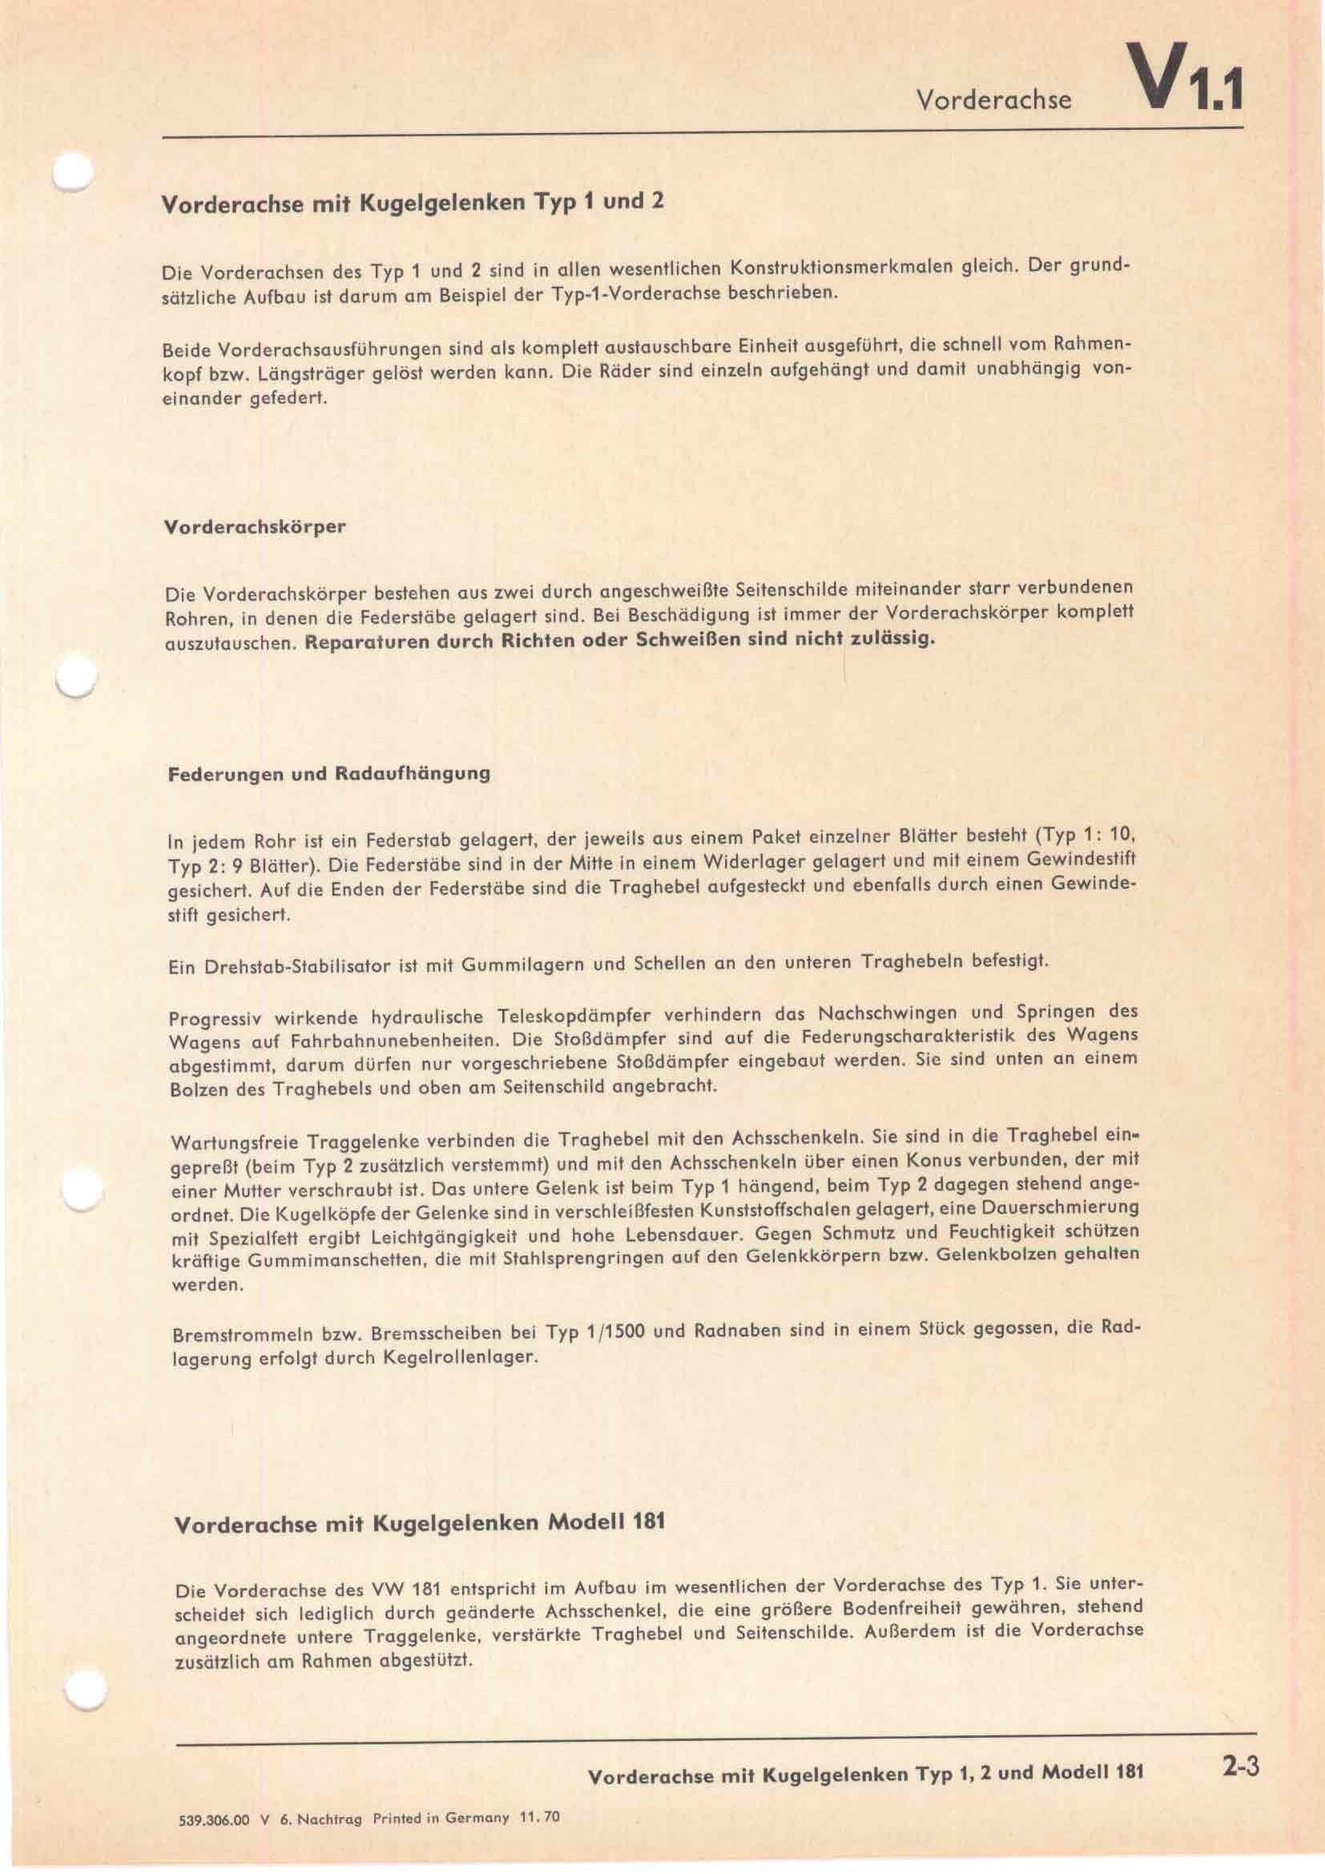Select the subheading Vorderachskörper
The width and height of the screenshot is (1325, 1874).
(256, 526)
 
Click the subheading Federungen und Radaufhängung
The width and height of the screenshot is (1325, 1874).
(328, 774)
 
